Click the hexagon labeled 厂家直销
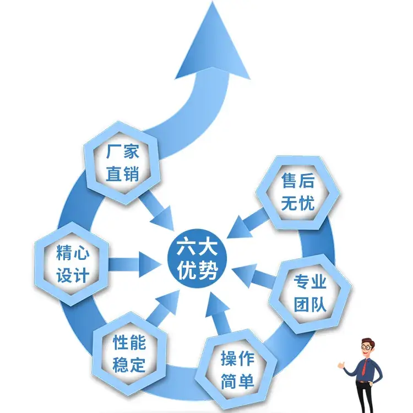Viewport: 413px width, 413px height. point(122,163)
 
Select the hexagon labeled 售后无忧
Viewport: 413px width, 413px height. point(297,193)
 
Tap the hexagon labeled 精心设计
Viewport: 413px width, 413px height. point(72,264)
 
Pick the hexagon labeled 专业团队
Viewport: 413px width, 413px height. point(310,294)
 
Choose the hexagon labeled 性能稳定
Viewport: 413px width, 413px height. point(129,354)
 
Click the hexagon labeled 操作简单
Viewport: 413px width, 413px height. point(236,369)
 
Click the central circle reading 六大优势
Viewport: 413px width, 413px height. point(197,259)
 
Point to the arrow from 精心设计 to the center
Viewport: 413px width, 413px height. point(134,264)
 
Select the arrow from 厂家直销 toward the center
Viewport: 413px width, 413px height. point(157,211)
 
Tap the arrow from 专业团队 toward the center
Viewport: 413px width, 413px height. point(252,275)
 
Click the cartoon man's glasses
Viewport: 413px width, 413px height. point(367,347)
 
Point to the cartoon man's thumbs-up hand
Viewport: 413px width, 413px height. point(341,365)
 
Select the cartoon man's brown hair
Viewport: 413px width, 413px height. point(368,341)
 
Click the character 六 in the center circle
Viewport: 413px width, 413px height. point(186,247)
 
